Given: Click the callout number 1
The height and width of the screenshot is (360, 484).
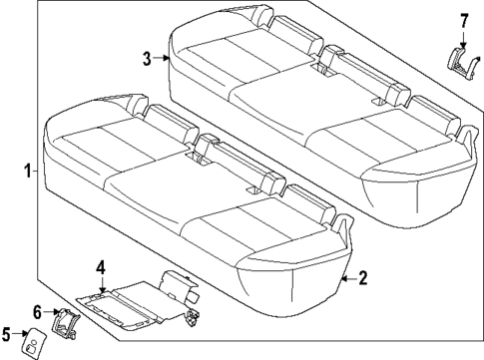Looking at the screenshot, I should pos(27,171).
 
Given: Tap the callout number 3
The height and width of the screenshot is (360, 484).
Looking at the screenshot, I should pos(148,59).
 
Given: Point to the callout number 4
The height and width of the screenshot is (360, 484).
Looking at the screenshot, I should pos(100,266).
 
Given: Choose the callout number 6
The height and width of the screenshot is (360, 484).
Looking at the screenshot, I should pos(37,311).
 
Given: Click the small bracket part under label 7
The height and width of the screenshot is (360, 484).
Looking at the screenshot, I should pos(462,61).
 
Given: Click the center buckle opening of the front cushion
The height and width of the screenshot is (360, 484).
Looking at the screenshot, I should pos(196,157).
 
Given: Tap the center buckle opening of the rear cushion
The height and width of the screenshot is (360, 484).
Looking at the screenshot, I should pos(325,72).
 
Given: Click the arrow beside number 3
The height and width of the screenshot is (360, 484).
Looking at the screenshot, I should pos(163,59).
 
